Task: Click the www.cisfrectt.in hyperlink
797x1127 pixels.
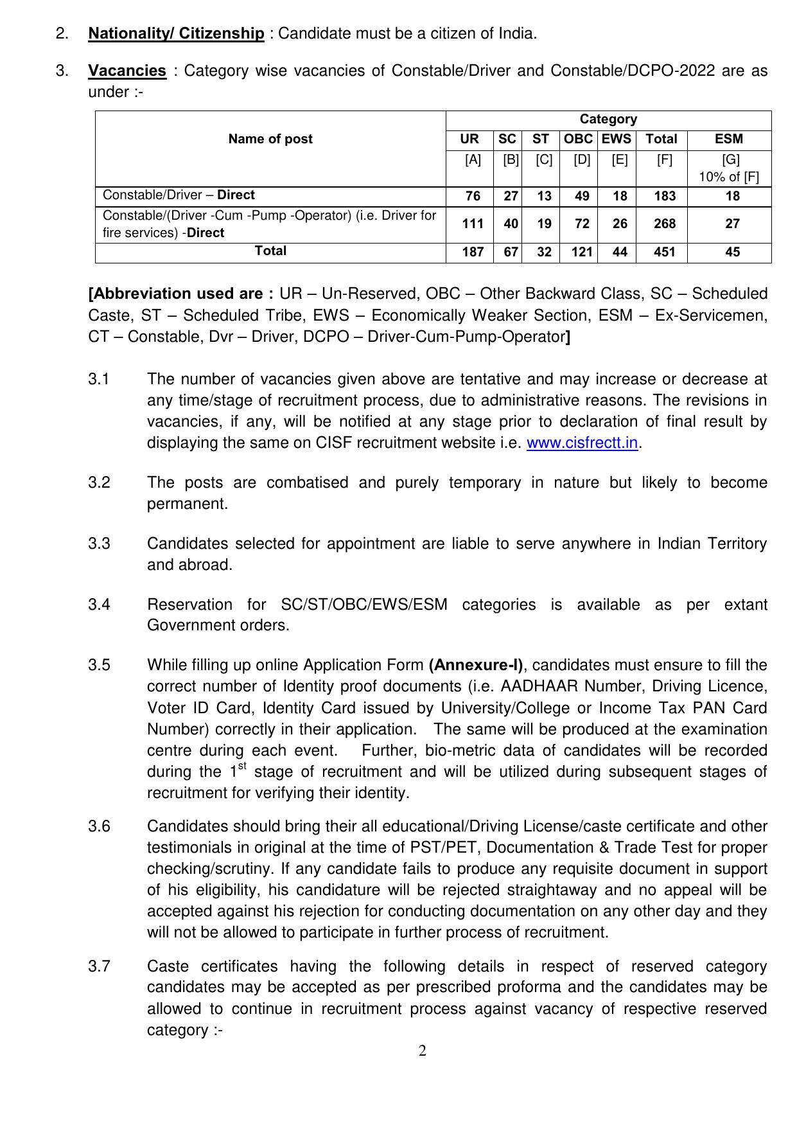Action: coord(582,443)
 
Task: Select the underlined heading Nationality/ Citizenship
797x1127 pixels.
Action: coord(176,33)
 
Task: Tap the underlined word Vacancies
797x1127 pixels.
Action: coord(127,71)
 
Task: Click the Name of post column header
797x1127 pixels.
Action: coord(270,139)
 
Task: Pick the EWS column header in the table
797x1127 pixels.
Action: coord(617,139)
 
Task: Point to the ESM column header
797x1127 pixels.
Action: coord(729,139)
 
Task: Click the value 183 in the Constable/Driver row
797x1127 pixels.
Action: coord(665,197)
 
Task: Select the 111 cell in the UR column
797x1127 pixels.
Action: coord(473,224)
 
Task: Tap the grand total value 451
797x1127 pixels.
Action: coord(665,253)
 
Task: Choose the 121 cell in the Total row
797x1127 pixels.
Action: coord(582,253)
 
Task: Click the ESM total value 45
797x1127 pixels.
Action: coord(732,253)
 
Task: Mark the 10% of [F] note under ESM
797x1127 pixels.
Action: coord(729,177)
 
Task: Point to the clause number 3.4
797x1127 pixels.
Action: coord(100,605)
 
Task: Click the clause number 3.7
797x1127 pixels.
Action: coord(100,966)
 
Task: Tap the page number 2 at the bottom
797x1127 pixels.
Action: coord(423,1051)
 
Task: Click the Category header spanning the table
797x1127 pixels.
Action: coord(608,120)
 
